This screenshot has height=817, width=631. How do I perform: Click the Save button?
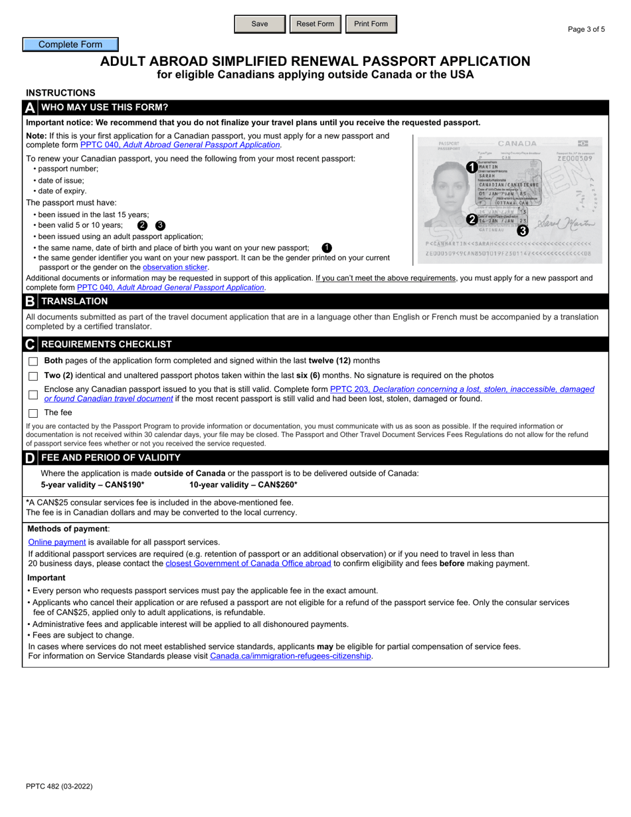[260, 24]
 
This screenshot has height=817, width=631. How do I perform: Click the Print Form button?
[371, 24]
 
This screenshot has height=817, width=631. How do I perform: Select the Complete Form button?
[70, 45]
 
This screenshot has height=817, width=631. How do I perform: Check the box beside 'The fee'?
[33, 413]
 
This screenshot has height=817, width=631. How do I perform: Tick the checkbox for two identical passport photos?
[33, 376]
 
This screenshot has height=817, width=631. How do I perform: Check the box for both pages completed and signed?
[33, 361]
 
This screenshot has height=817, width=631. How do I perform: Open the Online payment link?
[57, 542]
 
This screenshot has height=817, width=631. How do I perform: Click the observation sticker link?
[175, 267]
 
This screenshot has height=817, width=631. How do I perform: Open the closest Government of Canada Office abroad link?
[248, 563]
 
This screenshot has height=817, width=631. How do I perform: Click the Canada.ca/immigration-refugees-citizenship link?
[290, 656]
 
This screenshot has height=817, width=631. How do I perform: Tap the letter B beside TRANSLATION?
[30, 302]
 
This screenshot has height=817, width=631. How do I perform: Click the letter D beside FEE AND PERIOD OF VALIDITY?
[30, 458]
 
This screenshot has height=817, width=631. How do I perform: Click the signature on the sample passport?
[565, 223]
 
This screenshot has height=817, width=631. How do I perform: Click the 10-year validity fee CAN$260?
[243, 485]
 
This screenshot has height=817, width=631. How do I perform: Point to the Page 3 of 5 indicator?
[586, 29]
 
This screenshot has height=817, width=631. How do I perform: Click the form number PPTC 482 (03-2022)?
[59, 786]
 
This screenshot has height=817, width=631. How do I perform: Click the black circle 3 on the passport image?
[523, 231]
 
